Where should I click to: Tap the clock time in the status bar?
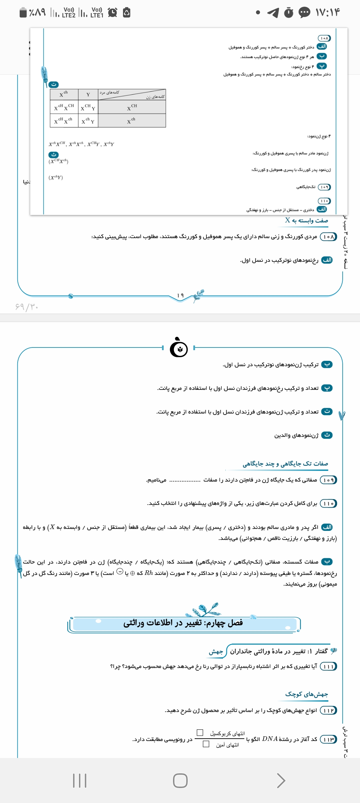coord(328,13)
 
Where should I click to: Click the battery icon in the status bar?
coord(23,13)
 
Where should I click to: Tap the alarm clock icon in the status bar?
coord(113,13)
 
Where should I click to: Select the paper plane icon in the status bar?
coord(273,13)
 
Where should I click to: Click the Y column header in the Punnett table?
coord(88,95)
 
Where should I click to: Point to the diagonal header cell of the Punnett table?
coord(132,94)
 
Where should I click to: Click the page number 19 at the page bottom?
coord(180,295)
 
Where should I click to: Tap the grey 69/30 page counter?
coord(27,306)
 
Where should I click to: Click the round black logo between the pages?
coord(179,348)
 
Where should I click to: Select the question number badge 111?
coord(328,666)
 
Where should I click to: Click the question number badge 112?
coord(328,710)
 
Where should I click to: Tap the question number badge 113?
coord(328,739)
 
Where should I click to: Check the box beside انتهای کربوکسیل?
coord(200,732)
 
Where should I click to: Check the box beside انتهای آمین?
coord(206,744)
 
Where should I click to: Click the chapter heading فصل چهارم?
coord(183,623)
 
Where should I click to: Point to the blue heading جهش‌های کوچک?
coord(306,694)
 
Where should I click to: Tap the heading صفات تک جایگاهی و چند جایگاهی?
coord(285,464)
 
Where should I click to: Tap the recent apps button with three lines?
coord(80,781)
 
